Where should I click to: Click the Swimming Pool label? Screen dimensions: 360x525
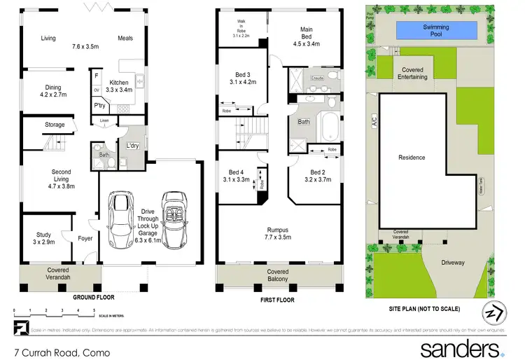click(x=430, y=29)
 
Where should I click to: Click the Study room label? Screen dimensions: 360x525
click(x=45, y=238)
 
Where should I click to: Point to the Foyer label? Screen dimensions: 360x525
click(x=85, y=237)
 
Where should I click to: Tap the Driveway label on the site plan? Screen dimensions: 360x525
click(x=452, y=263)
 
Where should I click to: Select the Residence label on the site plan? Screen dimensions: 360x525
click(x=412, y=158)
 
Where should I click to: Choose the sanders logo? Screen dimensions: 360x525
click(x=461, y=348)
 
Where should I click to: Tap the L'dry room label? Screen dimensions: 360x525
click(x=131, y=145)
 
